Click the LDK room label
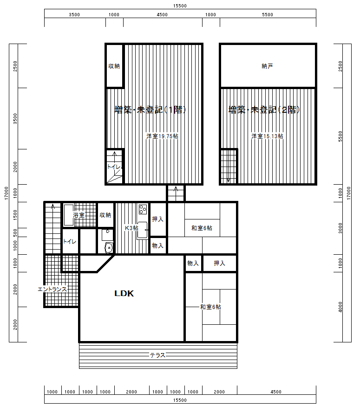click(x=124, y=293)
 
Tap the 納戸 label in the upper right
click(x=267, y=66)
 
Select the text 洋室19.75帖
click(x=162, y=136)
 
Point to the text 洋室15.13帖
click(x=267, y=136)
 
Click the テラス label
click(x=157, y=355)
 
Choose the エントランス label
click(x=52, y=290)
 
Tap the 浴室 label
click(x=79, y=215)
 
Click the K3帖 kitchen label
click(x=131, y=228)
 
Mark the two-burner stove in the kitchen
click(x=143, y=209)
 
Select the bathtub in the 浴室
click(x=69, y=215)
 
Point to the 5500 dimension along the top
click(x=268, y=15)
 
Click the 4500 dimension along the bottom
click(x=276, y=392)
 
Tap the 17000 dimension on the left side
click(x=7, y=193)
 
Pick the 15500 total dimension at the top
click(x=180, y=6)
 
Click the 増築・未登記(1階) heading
click(x=151, y=109)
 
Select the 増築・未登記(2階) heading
click(x=264, y=109)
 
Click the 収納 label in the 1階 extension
click(x=114, y=66)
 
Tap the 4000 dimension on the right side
click(x=340, y=307)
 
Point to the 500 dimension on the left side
click(x=15, y=232)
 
